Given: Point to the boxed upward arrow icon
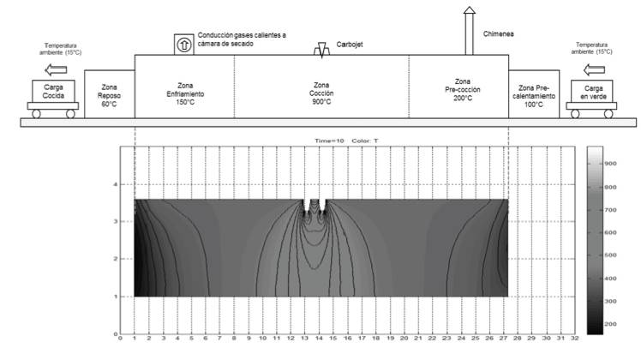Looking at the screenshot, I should [x=183, y=42].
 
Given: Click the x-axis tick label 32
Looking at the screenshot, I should [x=575, y=339].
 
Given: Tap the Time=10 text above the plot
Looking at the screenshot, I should [x=326, y=140].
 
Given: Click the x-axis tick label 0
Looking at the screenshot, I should [x=120, y=339].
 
